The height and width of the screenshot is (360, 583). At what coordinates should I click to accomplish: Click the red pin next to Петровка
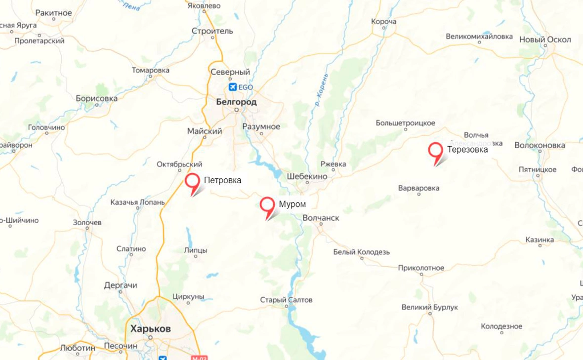[192, 181]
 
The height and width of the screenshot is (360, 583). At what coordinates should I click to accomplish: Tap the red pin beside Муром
[267, 204]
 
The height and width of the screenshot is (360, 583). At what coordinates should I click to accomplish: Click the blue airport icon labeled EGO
[233, 87]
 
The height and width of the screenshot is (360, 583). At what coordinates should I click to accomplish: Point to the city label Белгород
[237, 102]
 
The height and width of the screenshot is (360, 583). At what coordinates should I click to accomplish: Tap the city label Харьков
[151, 328]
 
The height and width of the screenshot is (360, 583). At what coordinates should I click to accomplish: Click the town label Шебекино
[307, 176]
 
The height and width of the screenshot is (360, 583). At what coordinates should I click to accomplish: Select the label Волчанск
[321, 218]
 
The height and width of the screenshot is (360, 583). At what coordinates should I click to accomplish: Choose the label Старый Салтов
[287, 300]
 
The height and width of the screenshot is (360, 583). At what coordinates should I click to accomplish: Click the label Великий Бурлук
[430, 307]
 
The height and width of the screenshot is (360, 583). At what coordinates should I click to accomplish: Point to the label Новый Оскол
[545, 40]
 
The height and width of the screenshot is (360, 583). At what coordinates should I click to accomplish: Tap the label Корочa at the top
[384, 22]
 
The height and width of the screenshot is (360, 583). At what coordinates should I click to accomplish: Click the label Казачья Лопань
[134, 202]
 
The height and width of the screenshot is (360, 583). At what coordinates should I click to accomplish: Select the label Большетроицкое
[406, 123]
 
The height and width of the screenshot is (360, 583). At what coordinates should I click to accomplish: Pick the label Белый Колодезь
[362, 252]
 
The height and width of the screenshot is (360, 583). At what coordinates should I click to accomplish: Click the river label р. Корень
[321, 89]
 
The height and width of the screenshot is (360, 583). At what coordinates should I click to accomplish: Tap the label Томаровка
[151, 70]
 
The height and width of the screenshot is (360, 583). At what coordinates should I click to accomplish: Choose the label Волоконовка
[540, 145]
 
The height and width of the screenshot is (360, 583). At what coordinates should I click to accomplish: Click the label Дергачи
[121, 285]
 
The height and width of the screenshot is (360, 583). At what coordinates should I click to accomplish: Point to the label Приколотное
[421, 268]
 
